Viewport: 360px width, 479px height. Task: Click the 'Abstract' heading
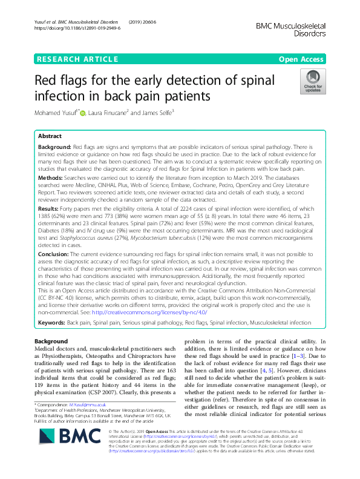(50, 136)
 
